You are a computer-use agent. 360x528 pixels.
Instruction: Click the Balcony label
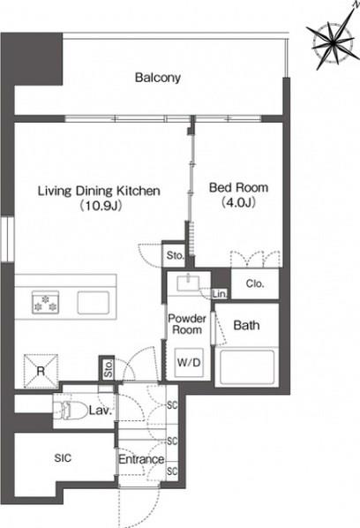point(158,78)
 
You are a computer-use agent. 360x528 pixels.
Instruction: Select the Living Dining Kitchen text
point(98,190)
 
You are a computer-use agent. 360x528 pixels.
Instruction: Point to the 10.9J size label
point(98,206)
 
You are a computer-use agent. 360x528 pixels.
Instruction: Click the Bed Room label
point(238,188)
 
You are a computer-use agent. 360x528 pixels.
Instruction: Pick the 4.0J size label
point(238,204)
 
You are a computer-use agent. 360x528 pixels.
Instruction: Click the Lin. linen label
point(221,292)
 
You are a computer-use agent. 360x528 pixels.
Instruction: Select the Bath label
point(246,326)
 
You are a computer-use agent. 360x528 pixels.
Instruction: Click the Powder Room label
point(187,322)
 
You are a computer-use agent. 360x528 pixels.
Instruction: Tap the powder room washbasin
point(188,283)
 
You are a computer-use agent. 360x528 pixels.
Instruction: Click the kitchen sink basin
point(94,302)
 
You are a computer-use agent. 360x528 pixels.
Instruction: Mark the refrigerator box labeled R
point(39,368)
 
